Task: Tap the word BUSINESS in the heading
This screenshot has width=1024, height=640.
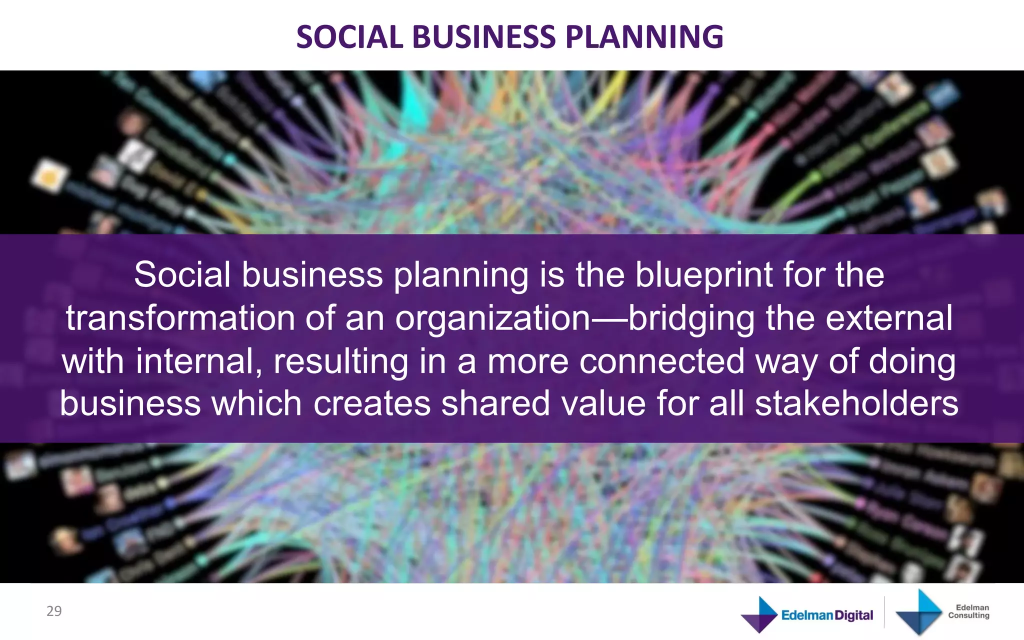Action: click(483, 37)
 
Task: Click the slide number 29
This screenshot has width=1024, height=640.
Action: click(54, 611)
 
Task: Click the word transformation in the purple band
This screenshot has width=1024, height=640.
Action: click(180, 318)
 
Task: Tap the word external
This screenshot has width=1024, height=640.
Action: click(889, 318)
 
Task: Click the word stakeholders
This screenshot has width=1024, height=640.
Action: click(856, 404)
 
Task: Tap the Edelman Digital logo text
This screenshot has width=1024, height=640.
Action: click(827, 615)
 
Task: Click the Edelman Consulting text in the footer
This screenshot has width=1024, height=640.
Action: click(968, 611)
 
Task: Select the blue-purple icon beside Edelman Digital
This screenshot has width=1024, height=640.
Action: click(758, 614)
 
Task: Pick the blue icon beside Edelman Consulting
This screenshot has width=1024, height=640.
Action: click(918, 612)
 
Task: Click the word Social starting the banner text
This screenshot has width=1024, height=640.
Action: click(182, 275)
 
